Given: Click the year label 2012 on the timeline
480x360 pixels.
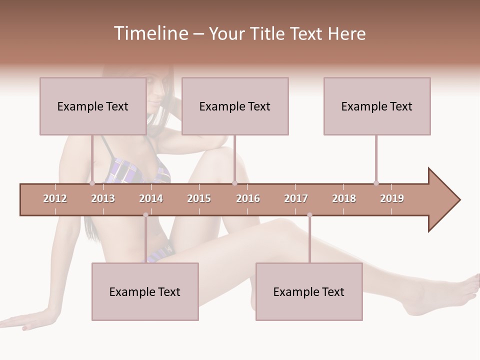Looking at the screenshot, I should [x=55, y=198].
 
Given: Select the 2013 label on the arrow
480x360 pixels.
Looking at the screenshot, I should [x=103, y=198].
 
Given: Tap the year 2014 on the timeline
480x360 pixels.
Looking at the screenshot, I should [x=151, y=198].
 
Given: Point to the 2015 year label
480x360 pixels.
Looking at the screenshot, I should [x=199, y=198].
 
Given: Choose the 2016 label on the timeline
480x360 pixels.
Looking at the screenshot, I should [x=248, y=198].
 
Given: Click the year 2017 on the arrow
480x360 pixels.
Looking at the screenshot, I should [x=296, y=198].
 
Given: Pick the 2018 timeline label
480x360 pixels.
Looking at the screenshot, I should [x=344, y=198].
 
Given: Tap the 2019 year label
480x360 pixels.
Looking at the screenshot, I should [x=392, y=198].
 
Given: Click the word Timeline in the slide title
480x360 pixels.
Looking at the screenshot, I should [x=150, y=33].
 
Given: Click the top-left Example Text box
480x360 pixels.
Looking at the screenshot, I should [x=93, y=106].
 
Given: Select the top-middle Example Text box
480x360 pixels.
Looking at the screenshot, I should [x=235, y=106].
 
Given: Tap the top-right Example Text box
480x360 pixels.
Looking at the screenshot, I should [x=377, y=106].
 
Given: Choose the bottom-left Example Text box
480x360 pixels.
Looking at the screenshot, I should [x=145, y=291].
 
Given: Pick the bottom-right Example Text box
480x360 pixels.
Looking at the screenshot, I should [x=309, y=291].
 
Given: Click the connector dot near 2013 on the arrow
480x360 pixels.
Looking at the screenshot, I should [x=92, y=183].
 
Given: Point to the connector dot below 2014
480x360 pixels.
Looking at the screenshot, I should [x=145, y=215].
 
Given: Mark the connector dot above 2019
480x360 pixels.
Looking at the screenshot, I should [x=376, y=183].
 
